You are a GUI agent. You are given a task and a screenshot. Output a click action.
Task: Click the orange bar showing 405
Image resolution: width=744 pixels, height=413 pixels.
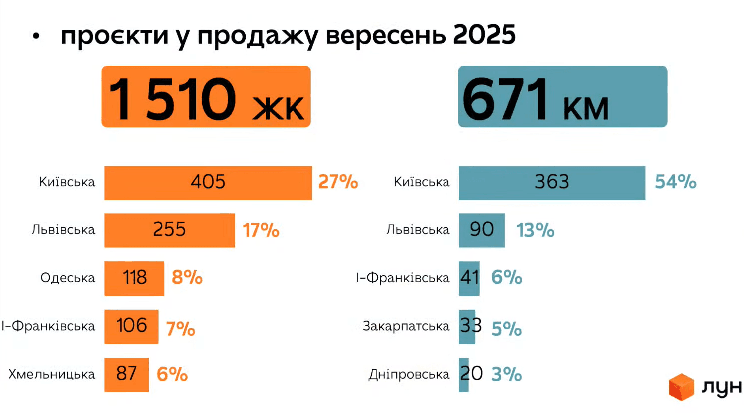pos(208,183)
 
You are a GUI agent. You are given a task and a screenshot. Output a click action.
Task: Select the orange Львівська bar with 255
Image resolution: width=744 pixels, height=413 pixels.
pos(169,230)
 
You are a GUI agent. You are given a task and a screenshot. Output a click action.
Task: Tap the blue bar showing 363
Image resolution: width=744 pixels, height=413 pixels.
pos(552,183)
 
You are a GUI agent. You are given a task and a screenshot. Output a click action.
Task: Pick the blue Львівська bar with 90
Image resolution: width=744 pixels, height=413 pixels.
pos(481,230)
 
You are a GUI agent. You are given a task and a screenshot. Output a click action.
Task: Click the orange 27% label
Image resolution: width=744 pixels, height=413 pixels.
pos(338,182)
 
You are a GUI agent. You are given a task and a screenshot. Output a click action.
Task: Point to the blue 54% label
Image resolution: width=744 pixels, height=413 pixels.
pos(675,182)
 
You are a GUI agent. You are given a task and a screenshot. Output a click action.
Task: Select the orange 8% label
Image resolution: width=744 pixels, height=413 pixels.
pos(187,277)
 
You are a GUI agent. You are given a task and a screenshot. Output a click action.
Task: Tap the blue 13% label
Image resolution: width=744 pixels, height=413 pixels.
pos(535,230)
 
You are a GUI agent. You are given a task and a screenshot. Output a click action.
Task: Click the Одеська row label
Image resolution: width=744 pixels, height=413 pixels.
pos(68,278)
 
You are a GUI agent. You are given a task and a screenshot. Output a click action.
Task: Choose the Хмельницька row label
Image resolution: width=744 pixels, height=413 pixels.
pos(52,374)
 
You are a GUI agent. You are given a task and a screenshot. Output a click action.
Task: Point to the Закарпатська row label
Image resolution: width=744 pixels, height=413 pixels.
pos(406,326)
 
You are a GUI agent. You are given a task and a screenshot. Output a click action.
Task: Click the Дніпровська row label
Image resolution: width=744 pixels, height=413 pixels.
pos(409,374)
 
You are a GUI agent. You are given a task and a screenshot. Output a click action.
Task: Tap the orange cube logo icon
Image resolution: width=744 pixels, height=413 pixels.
pos(681,387)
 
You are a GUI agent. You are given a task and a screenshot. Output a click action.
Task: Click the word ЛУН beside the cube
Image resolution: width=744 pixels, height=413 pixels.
pos(721,387)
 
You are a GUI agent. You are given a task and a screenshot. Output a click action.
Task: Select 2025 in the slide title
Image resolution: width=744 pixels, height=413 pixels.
pos(484,35)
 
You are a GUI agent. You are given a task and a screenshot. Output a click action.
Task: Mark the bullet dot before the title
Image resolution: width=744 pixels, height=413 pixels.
pos(36,36)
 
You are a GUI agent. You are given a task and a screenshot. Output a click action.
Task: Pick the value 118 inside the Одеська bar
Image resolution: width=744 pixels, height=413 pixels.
pos(135,278)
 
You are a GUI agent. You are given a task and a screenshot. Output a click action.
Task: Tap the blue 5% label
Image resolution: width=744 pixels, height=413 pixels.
pos(506,329)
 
